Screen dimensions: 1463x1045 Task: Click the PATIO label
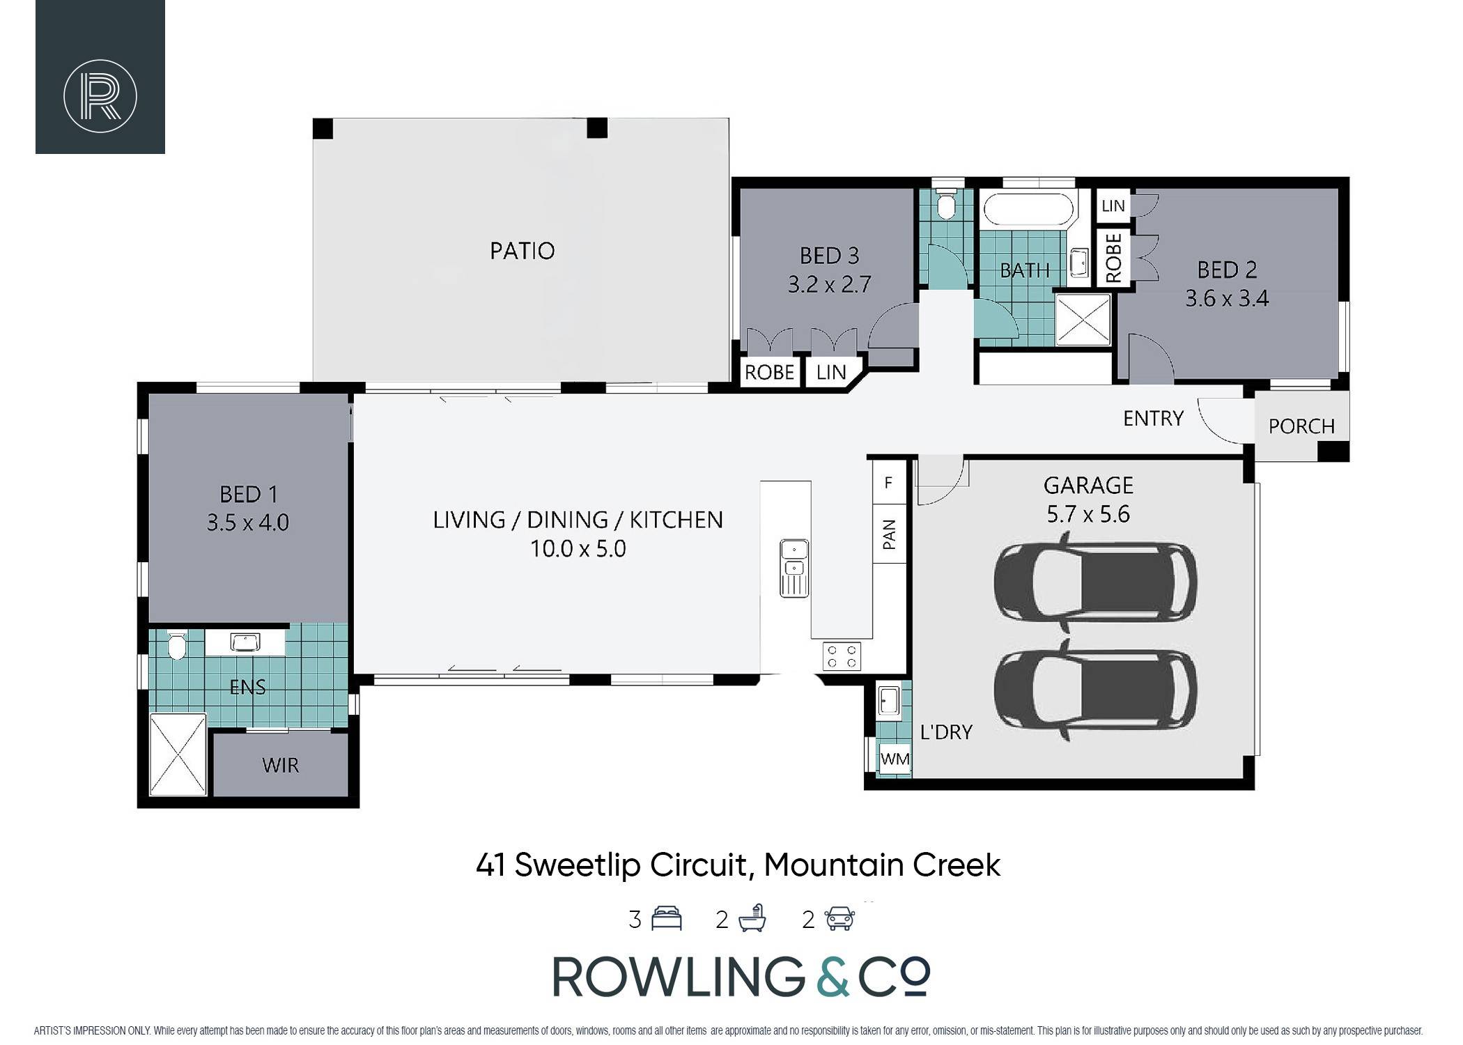click(522, 251)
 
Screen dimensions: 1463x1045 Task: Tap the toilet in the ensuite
click(177, 644)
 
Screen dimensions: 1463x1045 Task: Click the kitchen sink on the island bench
click(794, 568)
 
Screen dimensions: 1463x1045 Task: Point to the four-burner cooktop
click(842, 656)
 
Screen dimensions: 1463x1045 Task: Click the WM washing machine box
click(895, 759)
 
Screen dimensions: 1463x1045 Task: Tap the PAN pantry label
click(889, 534)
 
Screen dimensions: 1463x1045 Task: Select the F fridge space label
click(888, 482)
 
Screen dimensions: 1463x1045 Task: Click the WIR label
click(281, 765)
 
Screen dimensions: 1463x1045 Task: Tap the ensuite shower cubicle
click(178, 754)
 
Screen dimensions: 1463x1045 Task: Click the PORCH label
click(1301, 426)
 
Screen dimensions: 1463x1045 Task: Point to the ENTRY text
click(1153, 418)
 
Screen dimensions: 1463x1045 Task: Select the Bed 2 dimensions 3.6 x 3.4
click(1227, 298)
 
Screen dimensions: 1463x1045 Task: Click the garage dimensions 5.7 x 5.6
click(1087, 514)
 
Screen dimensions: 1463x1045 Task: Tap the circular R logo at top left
click(100, 96)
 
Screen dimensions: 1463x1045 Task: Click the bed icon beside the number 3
click(666, 919)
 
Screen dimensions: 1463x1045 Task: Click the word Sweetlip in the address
click(578, 866)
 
